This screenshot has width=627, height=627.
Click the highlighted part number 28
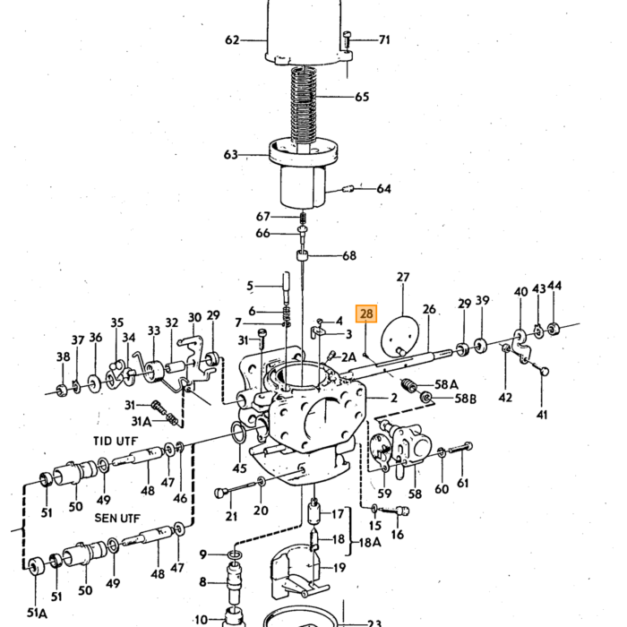point(366,313)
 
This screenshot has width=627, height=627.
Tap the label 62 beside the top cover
point(232,40)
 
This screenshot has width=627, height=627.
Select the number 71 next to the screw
point(384,39)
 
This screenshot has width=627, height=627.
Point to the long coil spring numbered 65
point(304,106)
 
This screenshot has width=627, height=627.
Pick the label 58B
point(466,399)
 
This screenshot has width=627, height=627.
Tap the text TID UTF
point(116,441)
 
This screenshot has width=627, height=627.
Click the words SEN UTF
point(117,518)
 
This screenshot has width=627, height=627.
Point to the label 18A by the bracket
point(370,542)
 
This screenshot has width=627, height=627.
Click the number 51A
point(37,612)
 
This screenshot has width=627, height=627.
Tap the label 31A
point(142,421)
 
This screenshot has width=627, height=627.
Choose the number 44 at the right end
point(554,286)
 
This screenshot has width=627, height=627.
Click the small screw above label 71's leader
point(347,39)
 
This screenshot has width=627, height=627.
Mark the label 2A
point(348,356)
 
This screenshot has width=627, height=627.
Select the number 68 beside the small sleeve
point(349,255)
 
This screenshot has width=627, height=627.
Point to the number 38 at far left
point(64,356)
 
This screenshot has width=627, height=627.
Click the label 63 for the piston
point(231,154)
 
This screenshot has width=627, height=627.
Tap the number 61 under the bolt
point(462,483)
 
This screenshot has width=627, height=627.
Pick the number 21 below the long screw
point(231,516)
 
